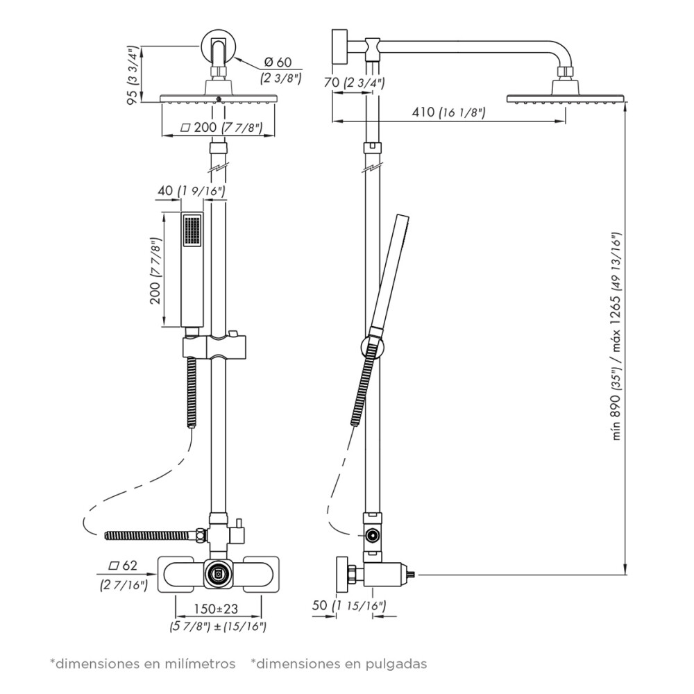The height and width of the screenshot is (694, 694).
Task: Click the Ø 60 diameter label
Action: coord(278,62)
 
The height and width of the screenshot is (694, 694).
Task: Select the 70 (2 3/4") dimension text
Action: coord(354,83)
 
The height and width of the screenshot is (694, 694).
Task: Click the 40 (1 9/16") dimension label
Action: coord(192,191)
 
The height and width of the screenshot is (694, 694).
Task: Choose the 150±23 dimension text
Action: coord(216,609)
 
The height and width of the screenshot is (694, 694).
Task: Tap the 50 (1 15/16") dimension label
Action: coord(349,605)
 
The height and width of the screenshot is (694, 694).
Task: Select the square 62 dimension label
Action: coord(123,566)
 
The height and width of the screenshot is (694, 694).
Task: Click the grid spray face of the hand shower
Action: coord(192,230)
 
